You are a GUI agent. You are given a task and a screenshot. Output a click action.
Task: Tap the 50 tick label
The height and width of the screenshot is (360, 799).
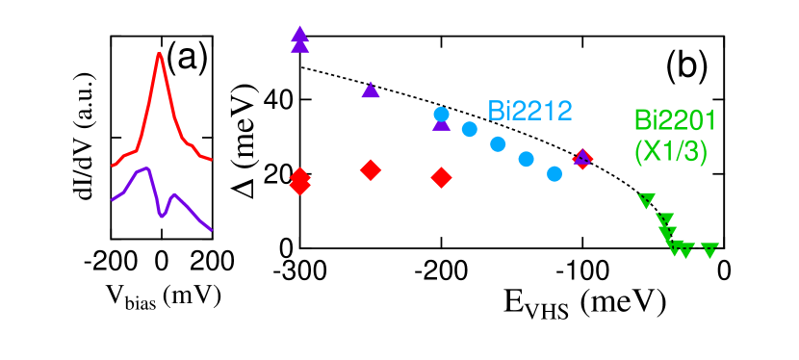90,138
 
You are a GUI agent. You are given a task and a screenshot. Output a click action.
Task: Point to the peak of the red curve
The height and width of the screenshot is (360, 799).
160,54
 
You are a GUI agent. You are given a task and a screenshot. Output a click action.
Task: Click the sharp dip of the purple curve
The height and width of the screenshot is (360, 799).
162,216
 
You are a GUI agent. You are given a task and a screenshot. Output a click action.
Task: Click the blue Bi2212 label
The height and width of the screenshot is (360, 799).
529,111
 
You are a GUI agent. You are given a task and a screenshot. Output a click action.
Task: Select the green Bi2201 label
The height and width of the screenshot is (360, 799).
675,120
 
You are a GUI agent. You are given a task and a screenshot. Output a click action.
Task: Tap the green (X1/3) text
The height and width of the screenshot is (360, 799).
670,151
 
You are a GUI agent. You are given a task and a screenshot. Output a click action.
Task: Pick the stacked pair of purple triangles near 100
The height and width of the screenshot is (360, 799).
300,39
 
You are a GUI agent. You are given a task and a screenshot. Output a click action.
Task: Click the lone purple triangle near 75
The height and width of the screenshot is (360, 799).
371,90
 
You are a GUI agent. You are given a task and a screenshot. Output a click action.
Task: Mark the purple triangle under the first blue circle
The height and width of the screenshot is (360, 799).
441,123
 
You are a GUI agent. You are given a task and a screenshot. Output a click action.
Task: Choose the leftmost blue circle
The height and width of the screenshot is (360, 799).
441,115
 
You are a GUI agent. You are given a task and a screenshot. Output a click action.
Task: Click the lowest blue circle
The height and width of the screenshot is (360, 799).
554,173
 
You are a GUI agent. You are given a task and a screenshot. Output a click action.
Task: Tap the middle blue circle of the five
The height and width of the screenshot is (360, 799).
498,144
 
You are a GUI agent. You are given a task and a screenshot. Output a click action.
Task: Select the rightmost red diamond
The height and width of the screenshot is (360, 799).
581,159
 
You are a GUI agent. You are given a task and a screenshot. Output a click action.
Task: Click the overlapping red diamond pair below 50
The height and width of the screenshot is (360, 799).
300,181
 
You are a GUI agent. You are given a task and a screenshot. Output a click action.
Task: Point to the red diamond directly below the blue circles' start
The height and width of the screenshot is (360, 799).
441,177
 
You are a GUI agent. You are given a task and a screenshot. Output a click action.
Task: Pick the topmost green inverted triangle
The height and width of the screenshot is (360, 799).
646,200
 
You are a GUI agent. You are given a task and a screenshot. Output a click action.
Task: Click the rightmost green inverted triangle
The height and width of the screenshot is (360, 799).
709,250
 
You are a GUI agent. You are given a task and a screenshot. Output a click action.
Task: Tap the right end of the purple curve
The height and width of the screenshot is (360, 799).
211,230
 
